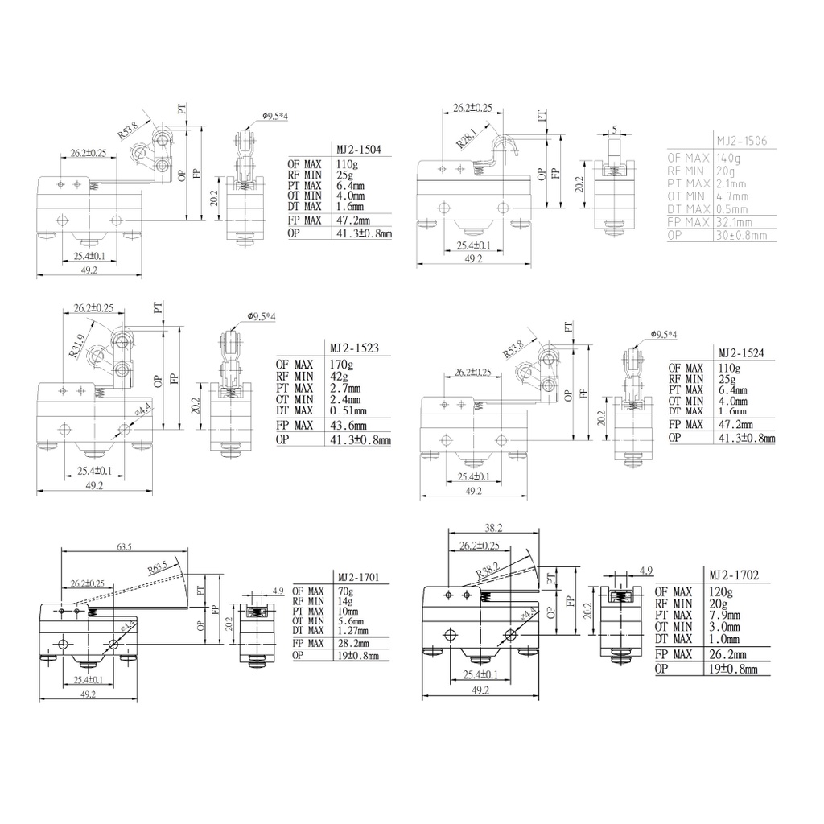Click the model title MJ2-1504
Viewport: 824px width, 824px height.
(x=358, y=150)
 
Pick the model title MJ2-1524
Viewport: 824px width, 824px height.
(x=741, y=353)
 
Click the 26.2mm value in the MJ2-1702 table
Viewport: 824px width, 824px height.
(x=729, y=654)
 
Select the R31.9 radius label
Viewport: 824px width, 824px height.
(x=76, y=346)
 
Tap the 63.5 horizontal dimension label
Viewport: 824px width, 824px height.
(x=124, y=547)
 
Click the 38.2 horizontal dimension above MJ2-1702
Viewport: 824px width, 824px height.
(x=493, y=528)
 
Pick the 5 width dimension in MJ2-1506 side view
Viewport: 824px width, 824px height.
(x=614, y=129)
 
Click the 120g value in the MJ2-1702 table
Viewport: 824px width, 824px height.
(x=719, y=591)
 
